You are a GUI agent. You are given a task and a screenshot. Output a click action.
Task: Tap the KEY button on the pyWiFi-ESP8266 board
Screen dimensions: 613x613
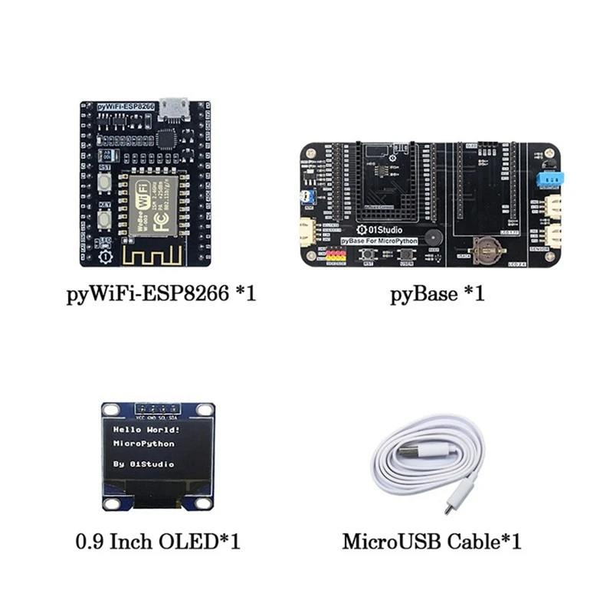point(105,221)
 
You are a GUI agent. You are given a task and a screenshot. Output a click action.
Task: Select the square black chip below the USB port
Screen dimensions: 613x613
point(168,138)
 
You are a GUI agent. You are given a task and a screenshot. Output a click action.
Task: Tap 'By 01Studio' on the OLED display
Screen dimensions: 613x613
point(143,464)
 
